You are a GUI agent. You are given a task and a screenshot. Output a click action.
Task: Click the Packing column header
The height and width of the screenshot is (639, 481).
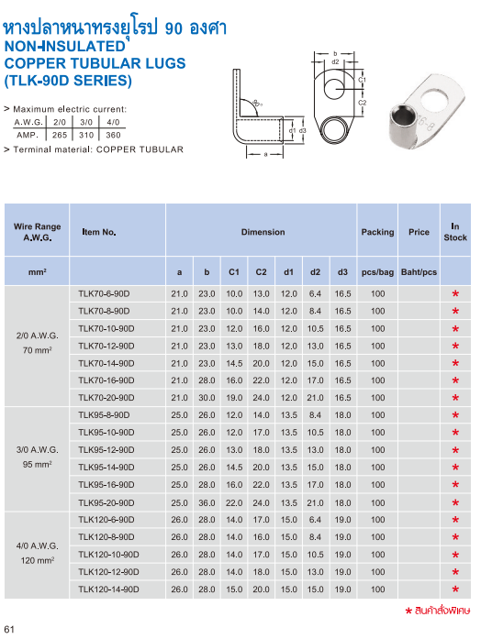[x=377, y=232]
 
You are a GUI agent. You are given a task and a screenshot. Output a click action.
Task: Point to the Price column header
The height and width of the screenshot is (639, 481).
[x=419, y=232]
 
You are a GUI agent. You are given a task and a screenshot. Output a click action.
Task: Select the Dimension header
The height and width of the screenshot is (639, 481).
[x=263, y=232]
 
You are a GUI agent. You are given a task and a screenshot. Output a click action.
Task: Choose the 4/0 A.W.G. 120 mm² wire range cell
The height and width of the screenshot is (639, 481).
[x=39, y=553]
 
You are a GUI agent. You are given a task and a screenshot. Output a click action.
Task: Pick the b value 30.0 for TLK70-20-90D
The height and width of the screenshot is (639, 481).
[x=207, y=398]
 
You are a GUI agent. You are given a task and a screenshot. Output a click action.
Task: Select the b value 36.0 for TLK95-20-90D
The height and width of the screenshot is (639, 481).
[x=207, y=502]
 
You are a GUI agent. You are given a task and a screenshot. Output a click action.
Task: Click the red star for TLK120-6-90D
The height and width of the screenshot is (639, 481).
[x=454, y=521]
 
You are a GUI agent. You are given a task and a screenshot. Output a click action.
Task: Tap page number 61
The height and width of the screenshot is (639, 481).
[x=11, y=628]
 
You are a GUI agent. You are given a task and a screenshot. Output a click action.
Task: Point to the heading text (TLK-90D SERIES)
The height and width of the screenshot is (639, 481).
[x=68, y=80]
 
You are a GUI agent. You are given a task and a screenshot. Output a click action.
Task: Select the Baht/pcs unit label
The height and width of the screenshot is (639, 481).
[x=419, y=273]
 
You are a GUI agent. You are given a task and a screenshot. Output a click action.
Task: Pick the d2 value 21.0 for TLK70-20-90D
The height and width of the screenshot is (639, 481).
[x=315, y=398]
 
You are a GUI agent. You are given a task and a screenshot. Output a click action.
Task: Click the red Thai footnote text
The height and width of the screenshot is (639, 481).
[x=441, y=610]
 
